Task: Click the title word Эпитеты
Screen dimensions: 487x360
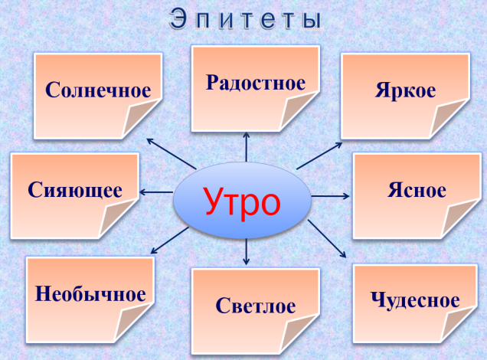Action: click(x=245, y=19)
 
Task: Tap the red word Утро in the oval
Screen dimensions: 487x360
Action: click(x=242, y=202)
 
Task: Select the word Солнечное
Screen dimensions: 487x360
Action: click(x=98, y=90)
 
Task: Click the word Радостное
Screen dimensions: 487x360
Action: click(x=256, y=83)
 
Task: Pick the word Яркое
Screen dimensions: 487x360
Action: click(x=405, y=90)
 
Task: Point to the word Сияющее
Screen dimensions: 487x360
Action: click(x=75, y=190)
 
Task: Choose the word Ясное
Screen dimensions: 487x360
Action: click(x=417, y=190)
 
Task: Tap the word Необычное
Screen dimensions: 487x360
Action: click(x=90, y=294)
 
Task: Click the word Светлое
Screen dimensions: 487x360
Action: click(x=256, y=306)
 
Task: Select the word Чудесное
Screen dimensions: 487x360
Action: click(x=415, y=300)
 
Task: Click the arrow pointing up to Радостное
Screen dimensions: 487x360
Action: click(x=247, y=147)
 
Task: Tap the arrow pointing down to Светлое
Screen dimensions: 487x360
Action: click(x=246, y=251)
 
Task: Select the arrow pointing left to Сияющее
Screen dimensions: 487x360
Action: click(x=156, y=192)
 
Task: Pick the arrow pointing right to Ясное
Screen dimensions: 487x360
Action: click(x=331, y=196)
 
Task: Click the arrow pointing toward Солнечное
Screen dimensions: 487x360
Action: click(x=172, y=154)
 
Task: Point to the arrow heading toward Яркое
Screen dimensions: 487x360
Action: click(x=319, y=156)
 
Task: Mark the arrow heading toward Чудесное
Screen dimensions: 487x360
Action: click(x=327, y=238)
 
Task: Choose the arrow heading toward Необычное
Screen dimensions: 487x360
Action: click(x=169, y=241)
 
